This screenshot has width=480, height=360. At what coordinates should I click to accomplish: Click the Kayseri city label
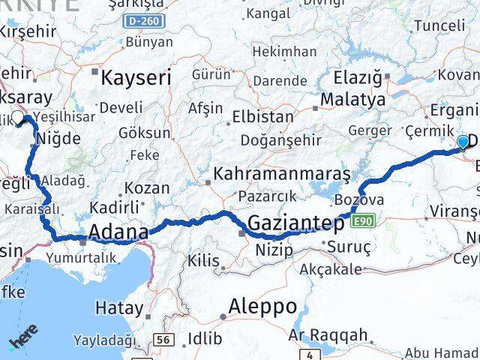pos(136,77)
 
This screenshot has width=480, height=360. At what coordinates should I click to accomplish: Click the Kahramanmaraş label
pos(281,174)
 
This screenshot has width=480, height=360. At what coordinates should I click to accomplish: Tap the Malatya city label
pos(352,99)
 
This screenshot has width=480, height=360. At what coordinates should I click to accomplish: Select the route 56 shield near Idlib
pos(162,340)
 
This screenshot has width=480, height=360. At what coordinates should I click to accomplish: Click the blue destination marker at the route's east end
pos(463,141)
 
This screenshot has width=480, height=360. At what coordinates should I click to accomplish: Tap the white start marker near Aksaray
pos(18,118)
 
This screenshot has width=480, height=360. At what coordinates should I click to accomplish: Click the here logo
pos(22,343)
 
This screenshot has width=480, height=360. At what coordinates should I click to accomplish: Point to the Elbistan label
pos(262,117)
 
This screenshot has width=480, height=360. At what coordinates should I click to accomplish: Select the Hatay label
pos(119,307)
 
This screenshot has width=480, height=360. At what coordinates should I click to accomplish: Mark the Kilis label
pos(203,260)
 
